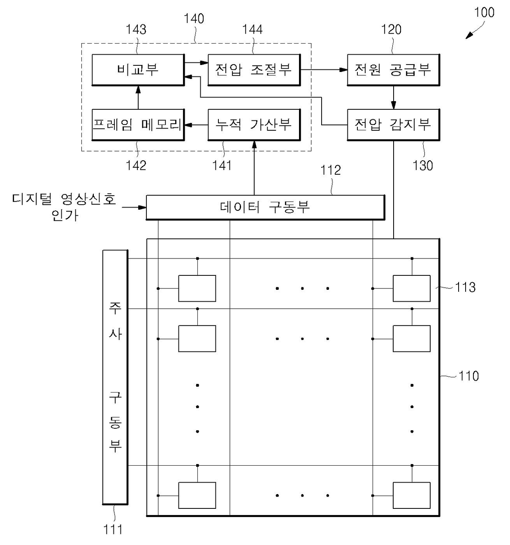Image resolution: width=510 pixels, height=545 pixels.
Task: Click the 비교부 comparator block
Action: pos(138,69)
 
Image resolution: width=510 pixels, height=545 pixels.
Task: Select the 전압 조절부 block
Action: pos(254,69)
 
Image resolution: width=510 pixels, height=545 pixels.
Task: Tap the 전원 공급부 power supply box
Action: pos(393,69)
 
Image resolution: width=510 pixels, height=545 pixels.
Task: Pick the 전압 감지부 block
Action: pos(393,124)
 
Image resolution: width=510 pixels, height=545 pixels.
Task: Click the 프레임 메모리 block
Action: pos(138,124)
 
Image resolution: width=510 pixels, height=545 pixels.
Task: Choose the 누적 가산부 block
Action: pos(254,124)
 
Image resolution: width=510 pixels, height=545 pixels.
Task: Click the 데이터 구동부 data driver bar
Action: pos(265,207)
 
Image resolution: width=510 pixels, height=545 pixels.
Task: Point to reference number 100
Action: pos(484,12)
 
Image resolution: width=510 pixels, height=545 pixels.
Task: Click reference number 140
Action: pos(194,18)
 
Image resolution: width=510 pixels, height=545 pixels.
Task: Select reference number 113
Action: pos(465,287)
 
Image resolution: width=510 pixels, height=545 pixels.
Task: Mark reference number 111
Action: pos(113,529)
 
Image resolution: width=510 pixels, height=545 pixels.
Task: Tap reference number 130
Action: pos(423,166)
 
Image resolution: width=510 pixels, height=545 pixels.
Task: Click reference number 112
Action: pos(331,170)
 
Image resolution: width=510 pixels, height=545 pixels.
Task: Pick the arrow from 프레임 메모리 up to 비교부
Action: pos(138,97)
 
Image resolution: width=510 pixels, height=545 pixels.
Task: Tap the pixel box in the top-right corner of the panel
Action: pos(412,289)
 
